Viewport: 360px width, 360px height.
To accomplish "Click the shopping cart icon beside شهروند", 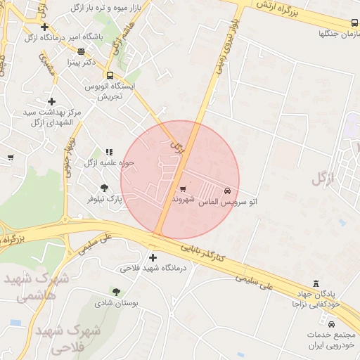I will click(184, 188).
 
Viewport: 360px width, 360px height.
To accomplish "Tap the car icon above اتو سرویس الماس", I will click(227, 191).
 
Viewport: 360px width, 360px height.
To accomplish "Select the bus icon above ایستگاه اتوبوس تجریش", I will click(110, 75).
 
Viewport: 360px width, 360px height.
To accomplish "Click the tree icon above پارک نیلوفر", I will click(104, 188).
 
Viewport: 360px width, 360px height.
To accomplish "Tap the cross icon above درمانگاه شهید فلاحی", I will click(153, 257).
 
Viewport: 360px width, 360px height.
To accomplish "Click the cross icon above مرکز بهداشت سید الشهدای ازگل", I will click(51, 101).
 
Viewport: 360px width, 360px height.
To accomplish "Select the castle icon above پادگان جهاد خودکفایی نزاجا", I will click(316, 281).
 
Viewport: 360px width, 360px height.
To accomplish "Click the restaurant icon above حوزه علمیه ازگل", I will click(108, 152).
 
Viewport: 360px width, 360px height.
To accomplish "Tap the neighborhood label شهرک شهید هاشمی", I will click(37, 287).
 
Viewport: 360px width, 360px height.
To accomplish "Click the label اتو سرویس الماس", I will click(226, 202).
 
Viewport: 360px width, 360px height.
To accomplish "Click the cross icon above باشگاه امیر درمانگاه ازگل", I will click(44, 27).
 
